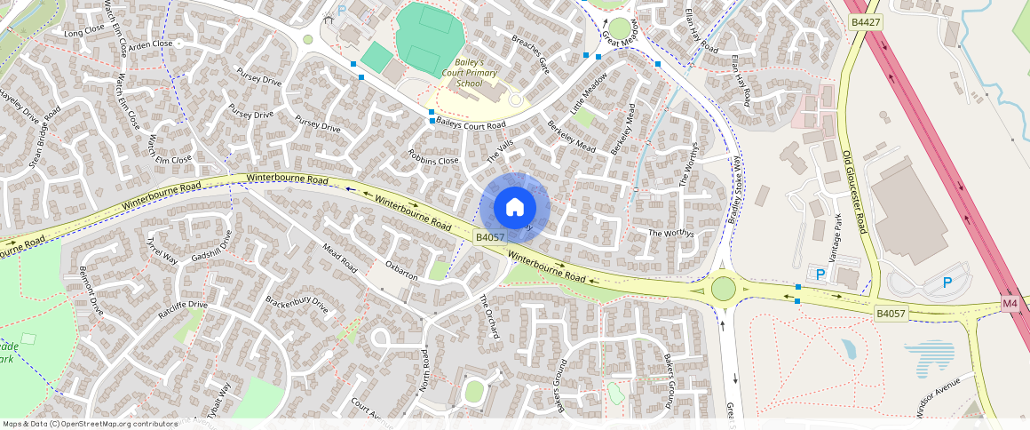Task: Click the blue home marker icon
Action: (x=515, y=208)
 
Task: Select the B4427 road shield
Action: (x=865, y=21)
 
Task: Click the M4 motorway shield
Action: (x=1010, y=304)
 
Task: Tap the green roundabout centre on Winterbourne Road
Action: (x=724, y=289)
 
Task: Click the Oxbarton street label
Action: (x=401, y=271)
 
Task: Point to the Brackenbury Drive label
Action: (x=297, y=305)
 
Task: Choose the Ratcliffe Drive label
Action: (x=182, y=310)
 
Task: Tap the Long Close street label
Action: (x=84, y=33)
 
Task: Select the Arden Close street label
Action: (x=150, y=44)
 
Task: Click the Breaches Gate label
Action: (x=531, y=53)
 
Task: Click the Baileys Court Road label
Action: (x=471, y=125)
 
